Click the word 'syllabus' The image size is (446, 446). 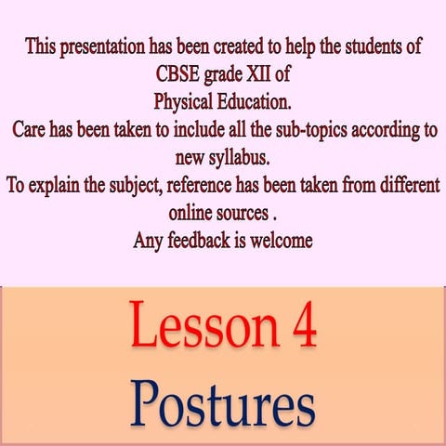point(242,153)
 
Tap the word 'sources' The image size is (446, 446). point(249,209)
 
